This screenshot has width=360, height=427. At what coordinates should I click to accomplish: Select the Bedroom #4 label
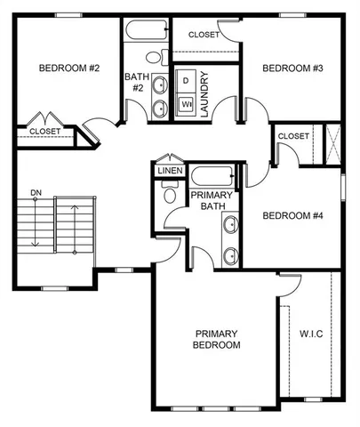click(291, 215)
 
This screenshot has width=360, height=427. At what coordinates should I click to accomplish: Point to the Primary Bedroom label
click(218, 339)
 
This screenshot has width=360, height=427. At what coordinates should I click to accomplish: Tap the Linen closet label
click(169, 170)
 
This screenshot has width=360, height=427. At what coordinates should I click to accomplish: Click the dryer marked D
click(186, 81)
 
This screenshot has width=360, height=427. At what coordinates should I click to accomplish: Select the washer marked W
click(186, 104)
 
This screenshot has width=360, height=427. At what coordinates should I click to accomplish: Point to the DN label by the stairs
click(36, 191)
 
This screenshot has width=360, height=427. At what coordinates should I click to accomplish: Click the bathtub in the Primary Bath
click(213, 174)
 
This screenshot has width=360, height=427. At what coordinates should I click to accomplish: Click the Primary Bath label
click(212, 202)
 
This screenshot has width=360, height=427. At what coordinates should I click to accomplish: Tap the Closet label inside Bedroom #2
click(45, 131)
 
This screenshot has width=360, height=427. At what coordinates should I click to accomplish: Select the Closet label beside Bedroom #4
click(292, 135)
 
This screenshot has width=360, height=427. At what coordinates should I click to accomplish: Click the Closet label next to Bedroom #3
click(204, 35)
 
